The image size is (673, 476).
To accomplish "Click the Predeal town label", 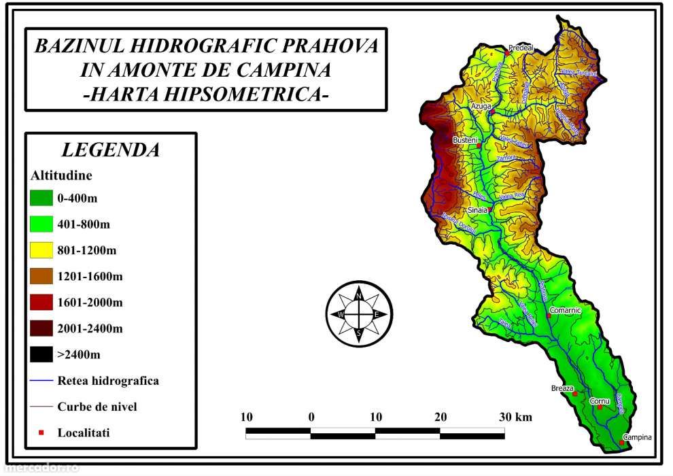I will (521, 48).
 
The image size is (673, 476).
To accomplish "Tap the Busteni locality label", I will (465, 139).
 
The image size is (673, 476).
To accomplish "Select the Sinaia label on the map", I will (478, 210).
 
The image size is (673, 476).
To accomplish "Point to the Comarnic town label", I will (565, 310).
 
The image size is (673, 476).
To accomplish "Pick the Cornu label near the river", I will (598, 401).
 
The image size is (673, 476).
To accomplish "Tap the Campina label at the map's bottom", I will (637, 437).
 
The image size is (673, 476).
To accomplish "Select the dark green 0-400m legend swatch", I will (41, 199).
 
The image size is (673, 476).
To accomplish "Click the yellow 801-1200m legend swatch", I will (41, 250).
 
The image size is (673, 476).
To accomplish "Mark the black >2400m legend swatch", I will (41, 354).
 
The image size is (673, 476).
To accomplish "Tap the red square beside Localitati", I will (41, 432).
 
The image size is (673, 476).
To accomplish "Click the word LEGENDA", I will (110, 150).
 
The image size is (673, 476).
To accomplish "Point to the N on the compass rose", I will (359, 296).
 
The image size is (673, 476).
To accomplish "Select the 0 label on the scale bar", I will (311, 416).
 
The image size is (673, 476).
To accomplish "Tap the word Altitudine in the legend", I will (61, 175).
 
